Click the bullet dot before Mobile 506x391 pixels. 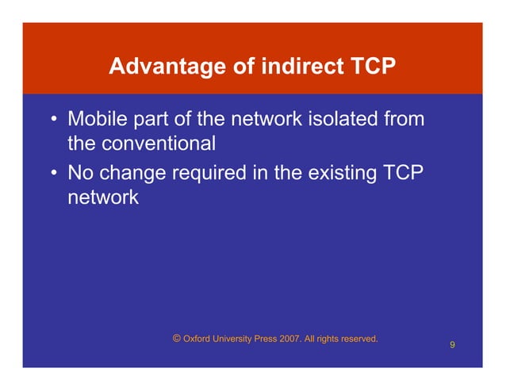click(x=53, y=121)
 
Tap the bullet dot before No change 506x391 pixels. click(x=53, y=172)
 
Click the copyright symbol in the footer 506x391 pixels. click(x=176, y=339)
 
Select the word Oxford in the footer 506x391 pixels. click(x=197, y=339)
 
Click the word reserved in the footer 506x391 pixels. click(x=357, y=339)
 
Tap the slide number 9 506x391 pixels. click(x=451, y=345)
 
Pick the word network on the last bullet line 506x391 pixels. click(x=103, y=197)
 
